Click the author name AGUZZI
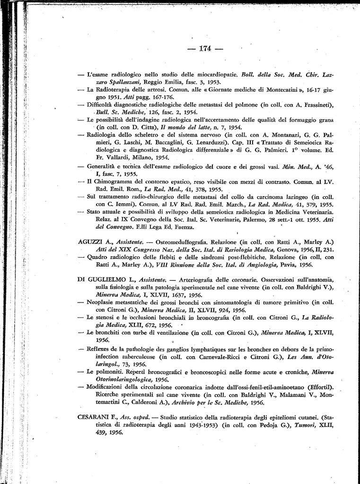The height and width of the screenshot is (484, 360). click(90, 242)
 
